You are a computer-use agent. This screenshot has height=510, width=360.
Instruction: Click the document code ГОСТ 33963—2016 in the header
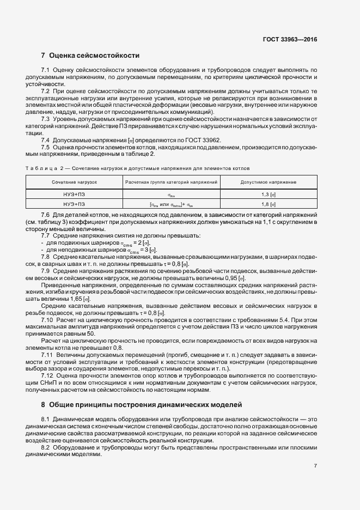click(290, 39)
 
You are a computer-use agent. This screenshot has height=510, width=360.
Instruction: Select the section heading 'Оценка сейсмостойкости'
click(94, 56)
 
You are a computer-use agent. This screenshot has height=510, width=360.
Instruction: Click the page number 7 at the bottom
click(315, 466)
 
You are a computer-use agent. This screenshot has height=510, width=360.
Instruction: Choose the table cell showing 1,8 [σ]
click(268, 204)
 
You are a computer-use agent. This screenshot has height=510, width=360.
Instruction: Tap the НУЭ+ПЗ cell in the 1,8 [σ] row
click(75, 204)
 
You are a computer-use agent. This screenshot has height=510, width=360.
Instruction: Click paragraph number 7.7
click(46, 235)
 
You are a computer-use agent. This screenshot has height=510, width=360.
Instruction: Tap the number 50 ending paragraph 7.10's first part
click(83, 333)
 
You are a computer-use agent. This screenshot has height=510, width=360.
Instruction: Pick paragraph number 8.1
click(46, 418)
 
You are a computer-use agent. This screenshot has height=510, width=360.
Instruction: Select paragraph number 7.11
click(47, 355)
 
